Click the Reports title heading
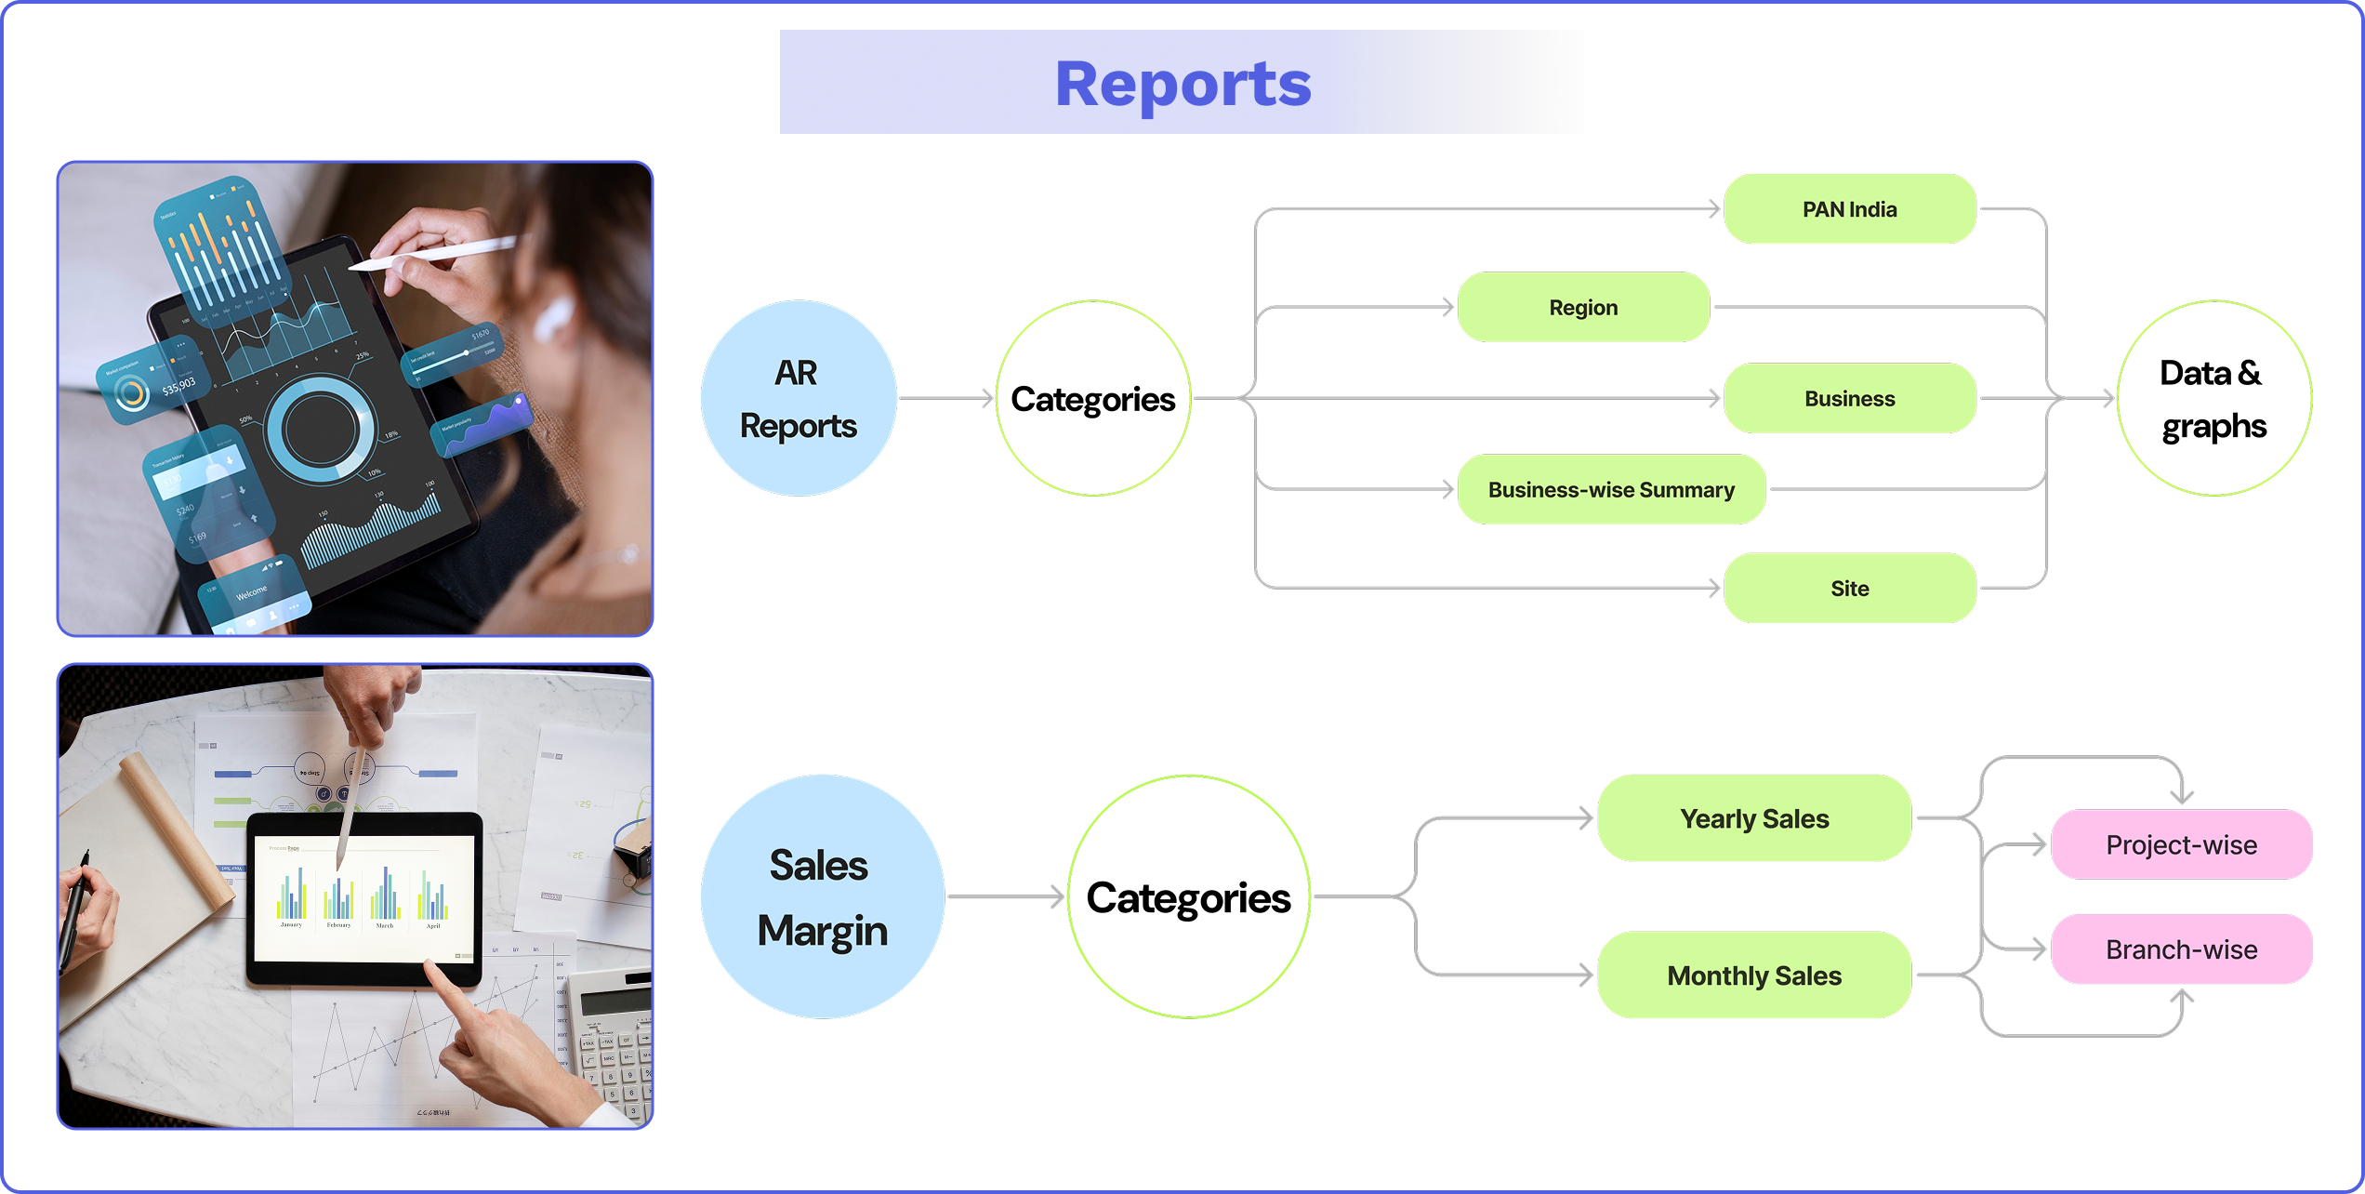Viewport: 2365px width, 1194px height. (1182, 84)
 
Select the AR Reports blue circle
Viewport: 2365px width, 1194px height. (798, 398)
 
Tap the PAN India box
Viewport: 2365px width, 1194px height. (1849, 209)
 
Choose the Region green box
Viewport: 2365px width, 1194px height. (1583, 307)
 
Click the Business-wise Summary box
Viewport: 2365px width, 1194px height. (1610, 489)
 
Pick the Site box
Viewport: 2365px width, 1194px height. (1849, 588)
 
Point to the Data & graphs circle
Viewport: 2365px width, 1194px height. (2213, 398)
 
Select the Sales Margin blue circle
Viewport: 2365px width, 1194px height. (822, 896)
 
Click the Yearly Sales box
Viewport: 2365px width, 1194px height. (1754, 818)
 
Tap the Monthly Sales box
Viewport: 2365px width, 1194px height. (1754, 975)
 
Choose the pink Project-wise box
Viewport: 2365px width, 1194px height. (2181, 844)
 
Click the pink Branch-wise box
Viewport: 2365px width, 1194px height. (2181, 949)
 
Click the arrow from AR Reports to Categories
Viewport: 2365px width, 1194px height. (945, 398)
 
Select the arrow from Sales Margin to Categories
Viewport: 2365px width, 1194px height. (1004, 896)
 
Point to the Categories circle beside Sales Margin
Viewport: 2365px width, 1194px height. (1188, 896)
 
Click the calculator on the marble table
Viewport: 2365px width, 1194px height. (614, 1041)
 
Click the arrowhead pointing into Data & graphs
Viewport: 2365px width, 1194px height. (2107, 398)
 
